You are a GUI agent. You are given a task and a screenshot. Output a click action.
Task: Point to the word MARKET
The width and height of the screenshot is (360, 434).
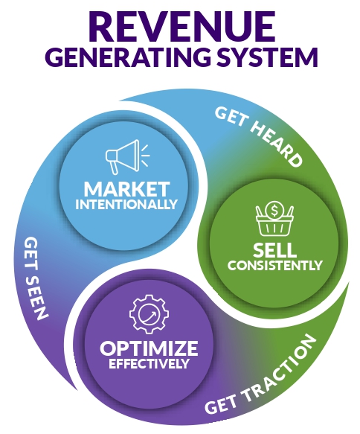click(127, 188)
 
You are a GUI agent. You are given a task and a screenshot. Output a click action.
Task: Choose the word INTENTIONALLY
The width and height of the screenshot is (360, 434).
click(127, 203)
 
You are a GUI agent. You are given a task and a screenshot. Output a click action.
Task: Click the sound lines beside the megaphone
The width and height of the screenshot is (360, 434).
click(143, 155)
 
